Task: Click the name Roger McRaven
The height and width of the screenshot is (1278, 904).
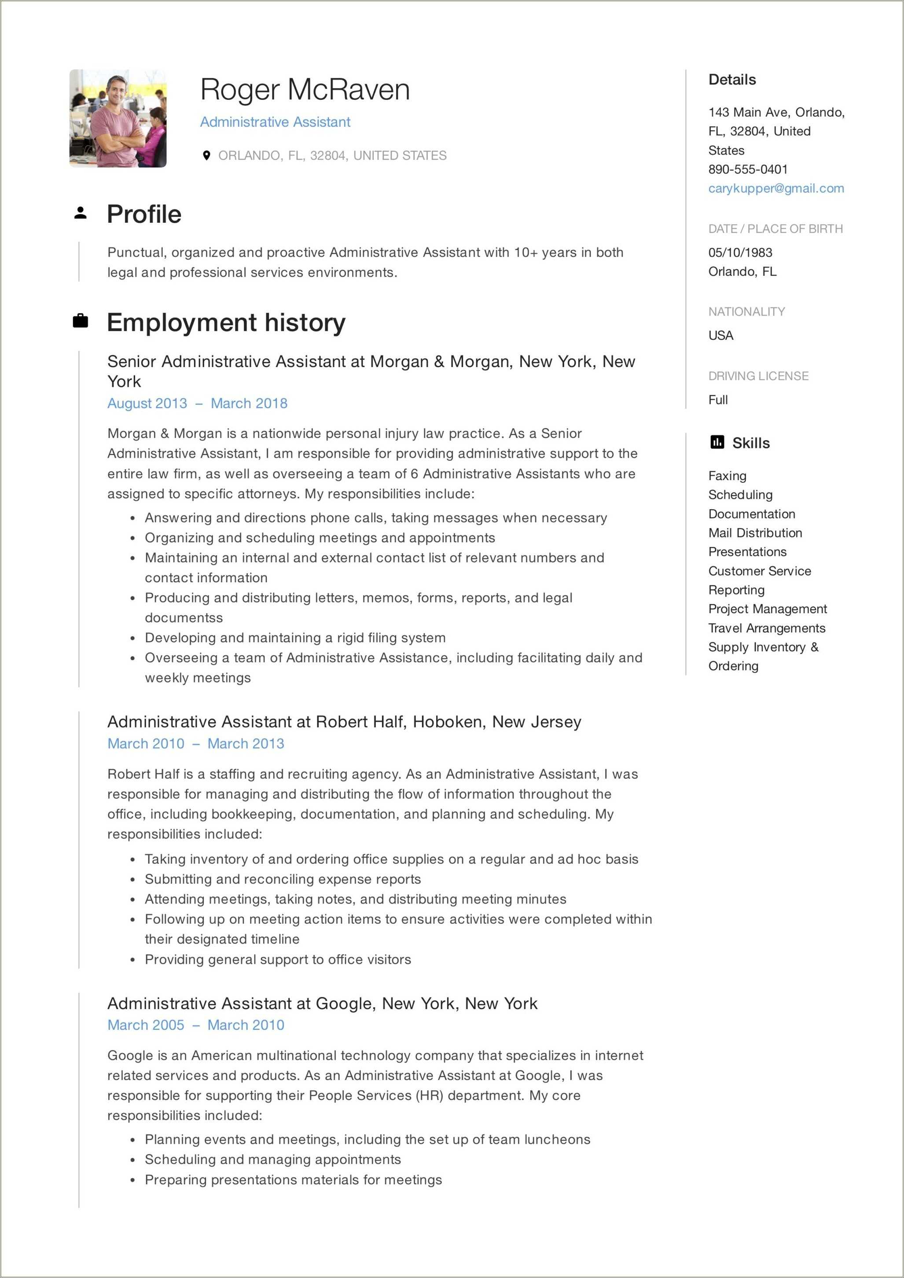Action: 305,90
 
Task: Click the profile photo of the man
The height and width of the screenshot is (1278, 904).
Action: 118,118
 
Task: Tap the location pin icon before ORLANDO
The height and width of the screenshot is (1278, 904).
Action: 206,155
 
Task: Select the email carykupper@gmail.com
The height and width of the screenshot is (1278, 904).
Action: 775,188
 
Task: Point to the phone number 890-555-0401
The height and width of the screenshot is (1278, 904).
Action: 748,169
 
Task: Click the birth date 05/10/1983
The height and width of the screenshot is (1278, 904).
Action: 740,252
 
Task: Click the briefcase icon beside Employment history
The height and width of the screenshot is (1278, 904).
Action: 81,321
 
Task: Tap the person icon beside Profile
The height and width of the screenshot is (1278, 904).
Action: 81,213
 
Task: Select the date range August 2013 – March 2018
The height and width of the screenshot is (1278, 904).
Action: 197,403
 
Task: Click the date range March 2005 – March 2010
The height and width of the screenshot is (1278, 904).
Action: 195,1025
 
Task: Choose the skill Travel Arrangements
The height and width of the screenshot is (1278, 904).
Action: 767,628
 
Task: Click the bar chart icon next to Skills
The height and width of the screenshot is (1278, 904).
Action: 717,443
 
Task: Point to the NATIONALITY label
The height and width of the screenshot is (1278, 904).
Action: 746,312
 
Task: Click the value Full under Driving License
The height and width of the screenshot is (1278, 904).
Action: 717,400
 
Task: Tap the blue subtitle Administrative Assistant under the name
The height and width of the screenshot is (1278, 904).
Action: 275,122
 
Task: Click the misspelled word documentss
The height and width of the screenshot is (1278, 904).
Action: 184,617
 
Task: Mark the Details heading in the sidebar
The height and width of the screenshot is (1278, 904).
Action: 731,80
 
